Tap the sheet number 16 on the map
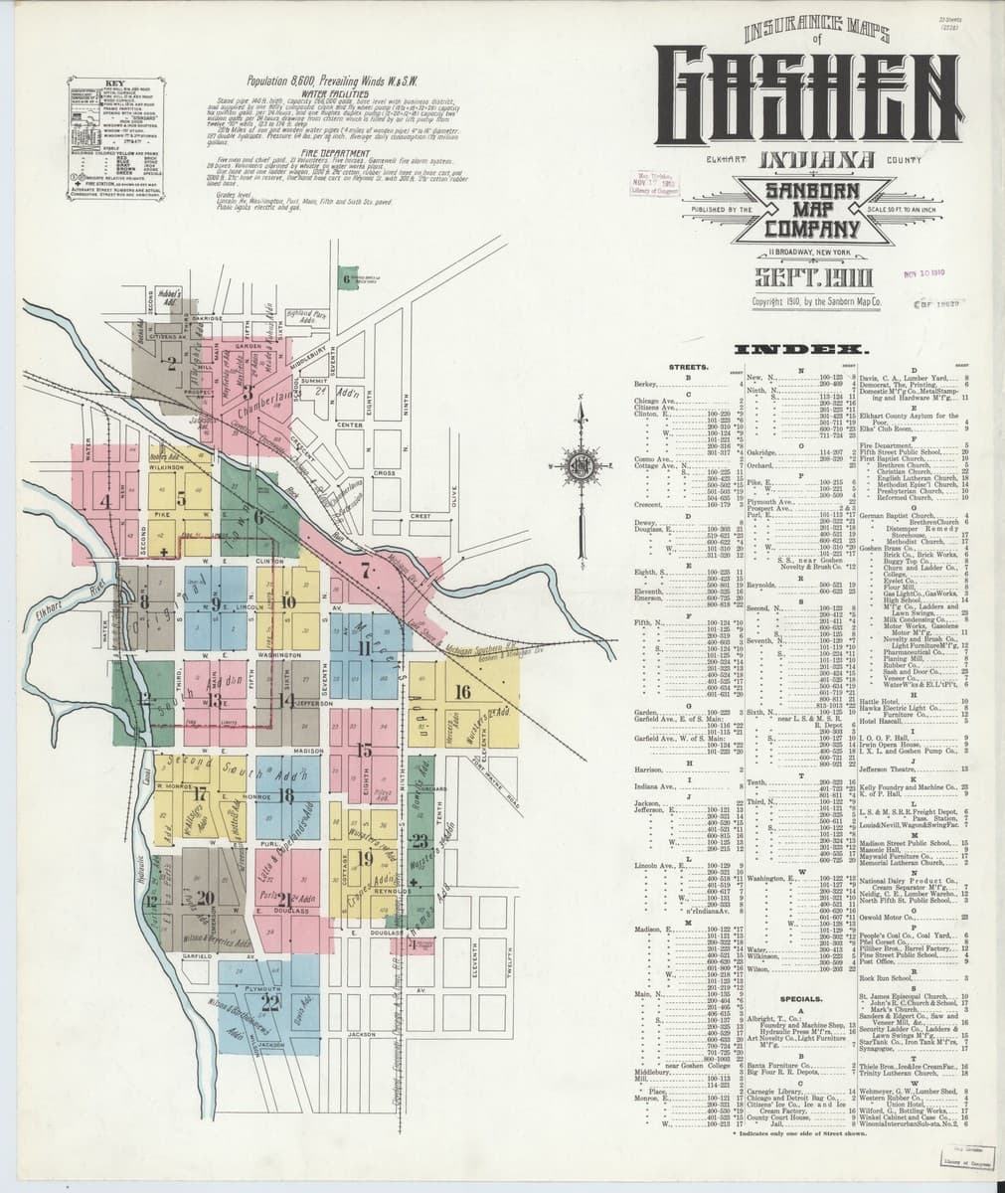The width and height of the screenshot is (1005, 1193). pyautogui.click(x=461, y=692)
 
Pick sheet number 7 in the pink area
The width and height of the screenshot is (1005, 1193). pyautogui.click(x=367, y=572)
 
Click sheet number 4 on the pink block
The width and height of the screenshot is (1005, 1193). pyautogui.click(x=104, y=500)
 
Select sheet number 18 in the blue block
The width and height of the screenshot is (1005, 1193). pyautogui.click(x=287, y=793)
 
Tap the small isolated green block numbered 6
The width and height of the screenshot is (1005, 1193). pyautogui.click(x=347, y=279)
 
